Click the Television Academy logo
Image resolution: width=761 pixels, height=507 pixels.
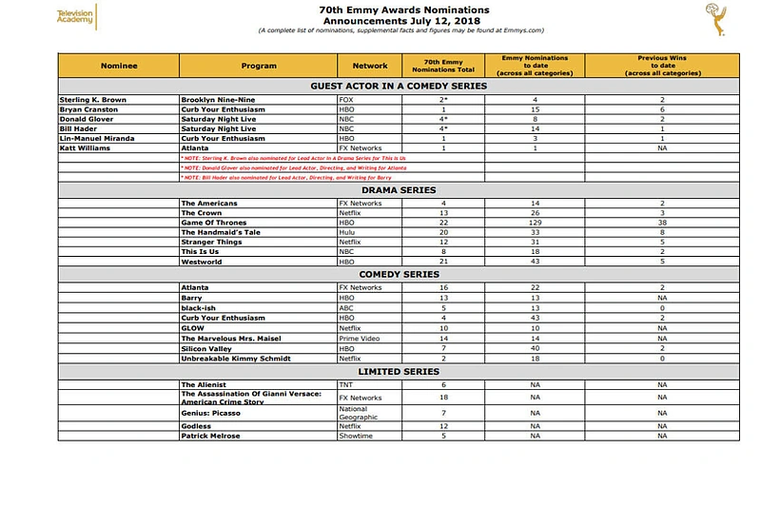(75, 16)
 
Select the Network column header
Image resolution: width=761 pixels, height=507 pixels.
(370, 66)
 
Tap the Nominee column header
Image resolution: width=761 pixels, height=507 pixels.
(119, 66)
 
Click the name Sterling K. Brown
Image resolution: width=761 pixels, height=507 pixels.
(93, 100)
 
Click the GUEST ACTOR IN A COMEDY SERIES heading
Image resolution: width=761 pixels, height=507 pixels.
(399, 86)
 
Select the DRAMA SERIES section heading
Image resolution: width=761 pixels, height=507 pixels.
(399, 190)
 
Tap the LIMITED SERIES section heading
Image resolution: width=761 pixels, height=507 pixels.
(399, 372)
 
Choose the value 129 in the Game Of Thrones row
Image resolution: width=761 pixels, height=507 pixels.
(536, 223)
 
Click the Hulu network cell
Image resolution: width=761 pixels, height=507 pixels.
(346, 232)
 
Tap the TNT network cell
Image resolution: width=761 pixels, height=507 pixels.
(345, 384)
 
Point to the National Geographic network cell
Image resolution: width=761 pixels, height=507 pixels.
(359, 413)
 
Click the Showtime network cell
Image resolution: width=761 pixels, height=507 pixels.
(355, 436)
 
